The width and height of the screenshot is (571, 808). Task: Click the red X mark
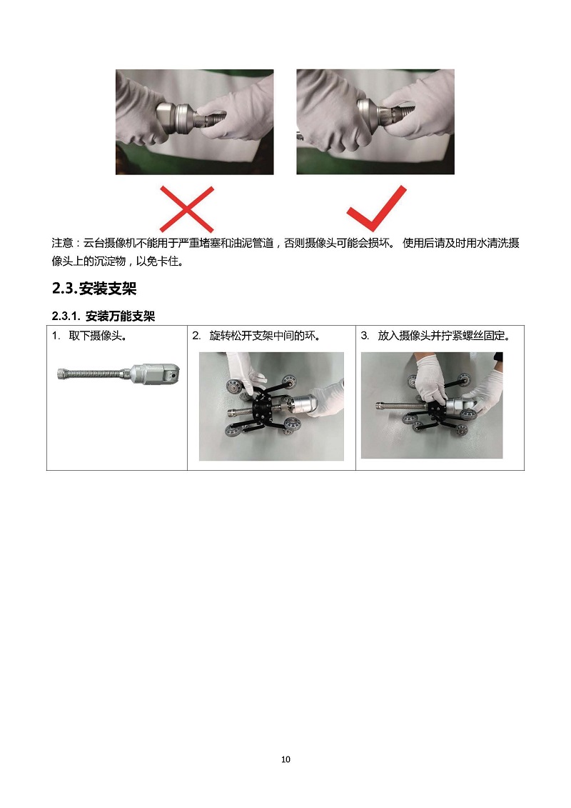coord(186,209)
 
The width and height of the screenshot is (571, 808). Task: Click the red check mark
coord(376,209)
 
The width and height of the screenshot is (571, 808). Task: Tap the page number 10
coord(285,759)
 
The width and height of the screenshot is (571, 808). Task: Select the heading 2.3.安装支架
coord(94,288)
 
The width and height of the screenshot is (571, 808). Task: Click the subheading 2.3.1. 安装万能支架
coord(103,316)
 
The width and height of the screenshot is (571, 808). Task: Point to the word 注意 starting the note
coord(62,243)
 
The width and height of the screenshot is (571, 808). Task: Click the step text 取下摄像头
coord(98,336)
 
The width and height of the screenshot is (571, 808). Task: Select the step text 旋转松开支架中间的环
coord(265,336)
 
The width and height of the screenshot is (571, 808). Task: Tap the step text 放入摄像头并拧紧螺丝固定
coord(444,336)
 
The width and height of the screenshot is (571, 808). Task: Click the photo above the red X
coord(195,122)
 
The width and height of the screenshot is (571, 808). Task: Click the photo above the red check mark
coord(375,122)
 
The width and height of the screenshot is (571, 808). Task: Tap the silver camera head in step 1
coord(155,374)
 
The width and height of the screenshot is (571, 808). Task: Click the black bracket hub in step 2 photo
coord(264,408)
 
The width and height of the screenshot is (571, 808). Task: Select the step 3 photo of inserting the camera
coord(432,405)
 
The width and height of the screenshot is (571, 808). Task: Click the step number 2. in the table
coord(197,336)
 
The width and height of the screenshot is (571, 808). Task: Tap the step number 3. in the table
coord(365,336)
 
